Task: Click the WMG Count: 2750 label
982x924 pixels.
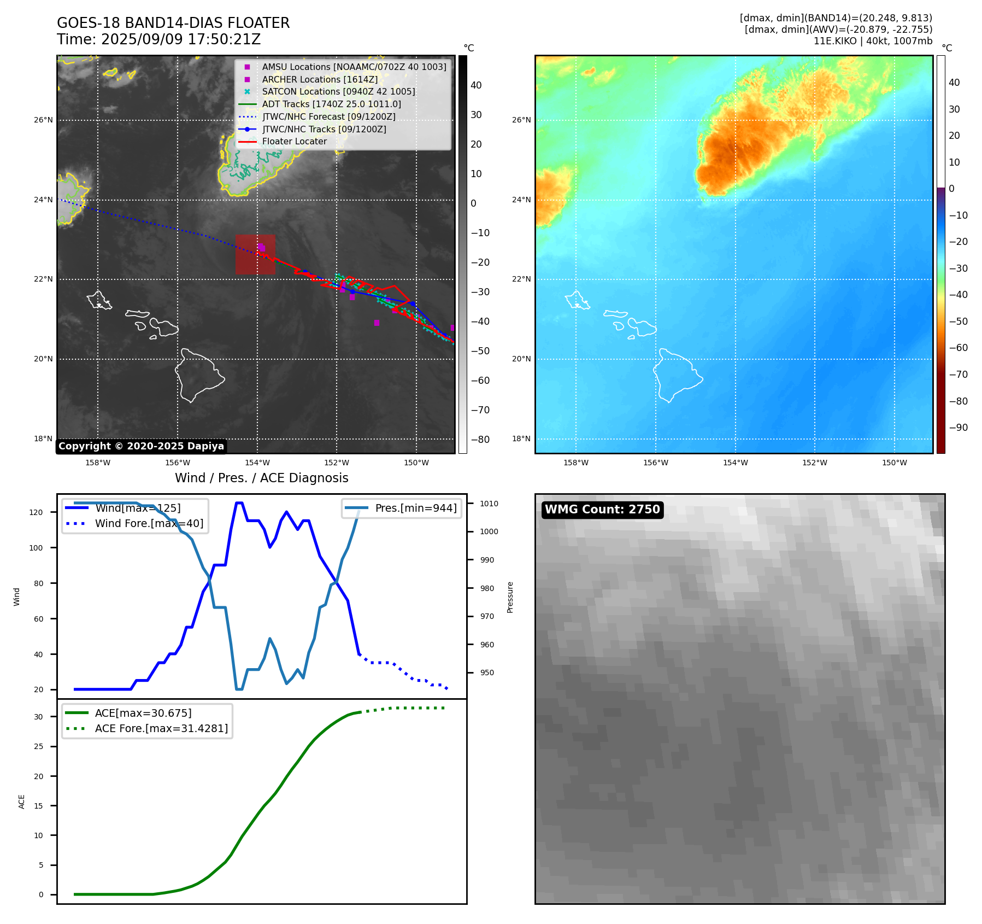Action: tap(602, 510)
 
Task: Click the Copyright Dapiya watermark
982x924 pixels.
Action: tap(141, 446)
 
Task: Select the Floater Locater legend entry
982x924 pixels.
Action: tap(294, 142)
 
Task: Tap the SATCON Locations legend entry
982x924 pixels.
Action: tap(338, 92)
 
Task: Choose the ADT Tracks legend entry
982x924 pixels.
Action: tap(331, 104)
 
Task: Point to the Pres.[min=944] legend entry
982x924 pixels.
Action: tap(415, 508)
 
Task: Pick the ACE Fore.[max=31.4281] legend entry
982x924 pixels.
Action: tap(161, 728)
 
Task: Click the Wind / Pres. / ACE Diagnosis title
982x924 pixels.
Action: tap(261, 478)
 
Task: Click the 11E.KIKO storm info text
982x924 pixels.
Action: tap(873, 41)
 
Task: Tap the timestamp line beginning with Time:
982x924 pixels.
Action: tap(158, 40)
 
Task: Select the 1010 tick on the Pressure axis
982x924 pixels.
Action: tap(489, 504)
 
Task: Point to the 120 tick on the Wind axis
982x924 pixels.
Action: tap(36, 512)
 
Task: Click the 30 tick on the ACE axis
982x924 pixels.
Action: tap(38, 717)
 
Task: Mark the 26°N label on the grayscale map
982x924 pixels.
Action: tap(43, 120)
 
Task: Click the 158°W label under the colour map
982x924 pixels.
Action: tap(575, 463)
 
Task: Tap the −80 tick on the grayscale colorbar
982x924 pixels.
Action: tap(480, 440)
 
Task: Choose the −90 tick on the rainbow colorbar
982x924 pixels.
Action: tap(958, 428)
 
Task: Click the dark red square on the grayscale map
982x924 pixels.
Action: tap(255, 255)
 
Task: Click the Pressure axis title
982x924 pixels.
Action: tap(510, 597)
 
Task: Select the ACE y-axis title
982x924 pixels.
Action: tap(22, 802)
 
